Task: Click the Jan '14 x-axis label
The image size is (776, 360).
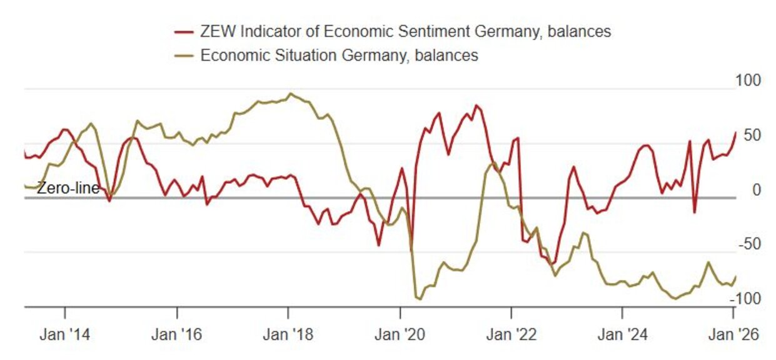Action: (x=65, y=334)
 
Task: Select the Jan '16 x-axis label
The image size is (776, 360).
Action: (x=177, y=334)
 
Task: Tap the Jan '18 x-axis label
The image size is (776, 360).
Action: (x=288, y=334)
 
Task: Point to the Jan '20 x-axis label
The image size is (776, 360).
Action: (x=400, y=334)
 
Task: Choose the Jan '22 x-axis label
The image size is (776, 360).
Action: (x=511, y=334)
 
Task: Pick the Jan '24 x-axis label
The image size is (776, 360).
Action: (x=622, y=334)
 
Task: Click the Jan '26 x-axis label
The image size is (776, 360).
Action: (x=733, y=334)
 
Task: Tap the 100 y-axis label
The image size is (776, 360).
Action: (x=750, y=81)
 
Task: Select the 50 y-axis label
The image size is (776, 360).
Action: (x=753, y=135)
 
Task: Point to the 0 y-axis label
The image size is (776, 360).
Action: (x=756, y=189)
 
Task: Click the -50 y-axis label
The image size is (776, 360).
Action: (x=750, y=244)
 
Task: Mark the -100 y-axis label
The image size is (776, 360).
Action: (x=748, y=299)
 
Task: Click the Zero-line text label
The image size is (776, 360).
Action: (x=68, y=188)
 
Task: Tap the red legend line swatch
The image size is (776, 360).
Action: (x=184, y=31)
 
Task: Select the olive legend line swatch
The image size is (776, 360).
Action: (x=184, y=56)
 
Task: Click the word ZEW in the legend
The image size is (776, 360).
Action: (x=214, y=31)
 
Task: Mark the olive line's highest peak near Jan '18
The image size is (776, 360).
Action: (x=290, y=94)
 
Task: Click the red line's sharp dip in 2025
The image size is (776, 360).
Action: (x=694, y=212)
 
